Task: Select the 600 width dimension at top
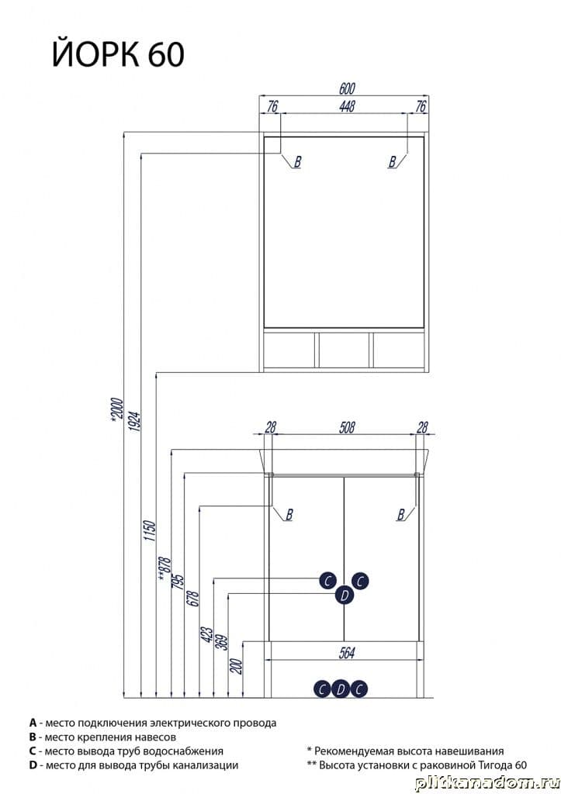click(347, 88)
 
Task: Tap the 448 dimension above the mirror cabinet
click(347, 106)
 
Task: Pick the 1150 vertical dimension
click(150, 530)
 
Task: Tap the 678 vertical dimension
click(194, 599)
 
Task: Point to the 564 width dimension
click(347, 653)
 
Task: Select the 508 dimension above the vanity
click(347, 428)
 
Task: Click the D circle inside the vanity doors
click(345, 595)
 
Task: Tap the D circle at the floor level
click(341, 689)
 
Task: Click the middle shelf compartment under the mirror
click(345, 350)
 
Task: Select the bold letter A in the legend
click(33, 723)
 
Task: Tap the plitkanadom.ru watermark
click(486, 783)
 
